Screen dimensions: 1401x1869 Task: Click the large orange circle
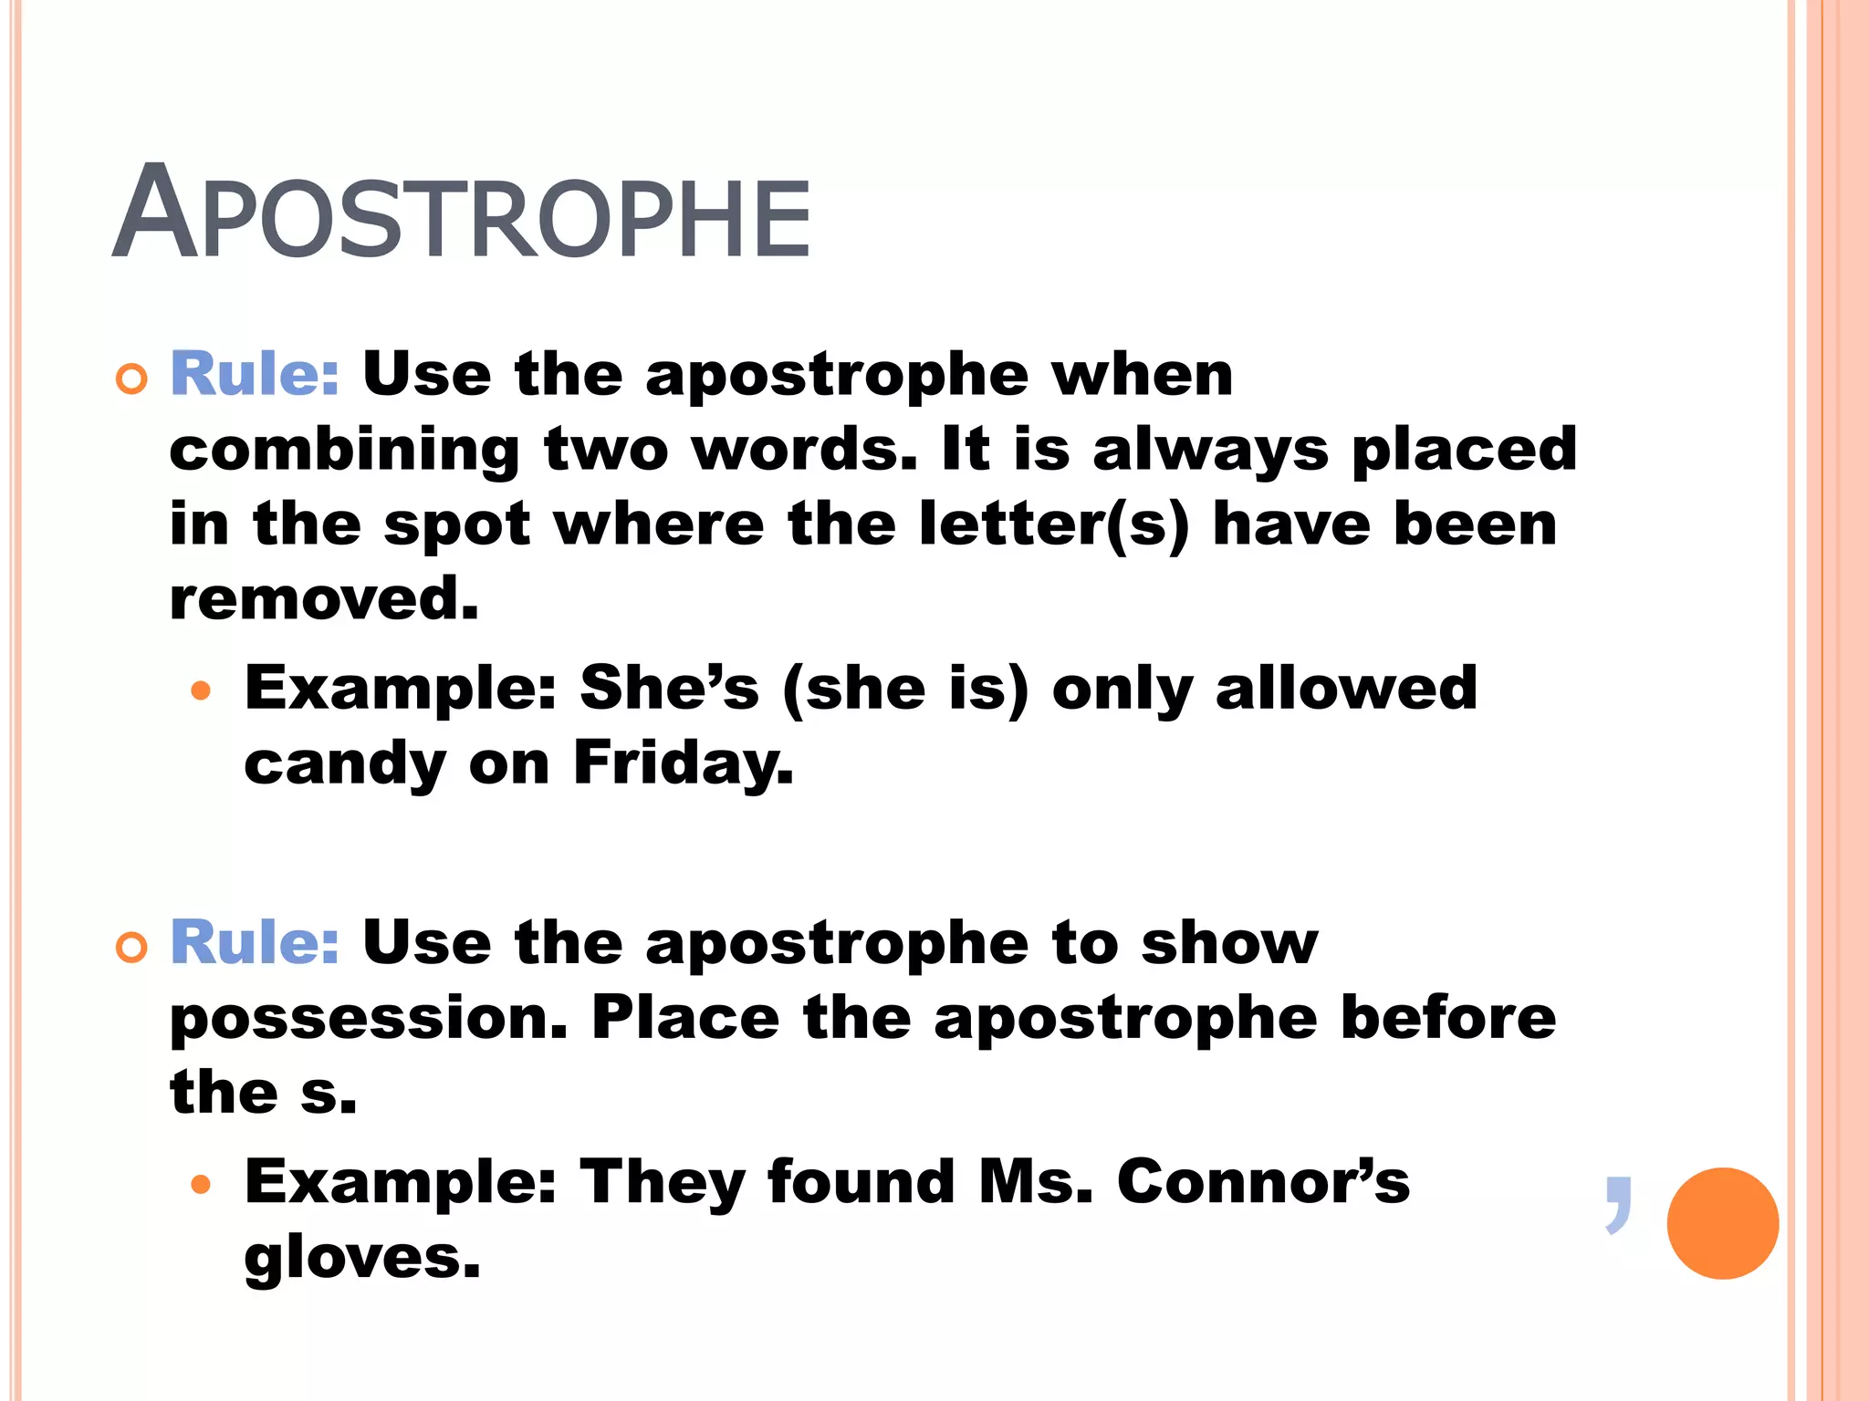[1722, 1223]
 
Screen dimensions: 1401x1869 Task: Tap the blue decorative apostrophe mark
[1618, 1205]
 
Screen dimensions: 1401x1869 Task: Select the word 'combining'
[344, 451]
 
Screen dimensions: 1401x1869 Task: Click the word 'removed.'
[324, 599]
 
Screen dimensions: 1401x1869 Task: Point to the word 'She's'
[669, 688]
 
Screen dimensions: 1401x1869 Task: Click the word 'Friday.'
[684, 763]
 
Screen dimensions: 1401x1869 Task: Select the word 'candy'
[344, 764]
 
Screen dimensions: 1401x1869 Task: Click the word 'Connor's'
[1263, 1181]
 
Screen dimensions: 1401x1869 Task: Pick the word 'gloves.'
[361, 1258]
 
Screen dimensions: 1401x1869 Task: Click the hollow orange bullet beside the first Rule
[132, 379]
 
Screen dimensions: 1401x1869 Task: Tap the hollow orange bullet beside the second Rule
[132, 948]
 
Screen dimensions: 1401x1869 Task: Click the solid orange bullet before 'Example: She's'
[201, 690]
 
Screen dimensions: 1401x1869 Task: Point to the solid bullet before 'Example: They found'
[201, 1185]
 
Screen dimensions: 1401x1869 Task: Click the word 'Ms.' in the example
[1035, 1181]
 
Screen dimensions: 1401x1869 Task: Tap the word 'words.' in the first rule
[804, 450]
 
